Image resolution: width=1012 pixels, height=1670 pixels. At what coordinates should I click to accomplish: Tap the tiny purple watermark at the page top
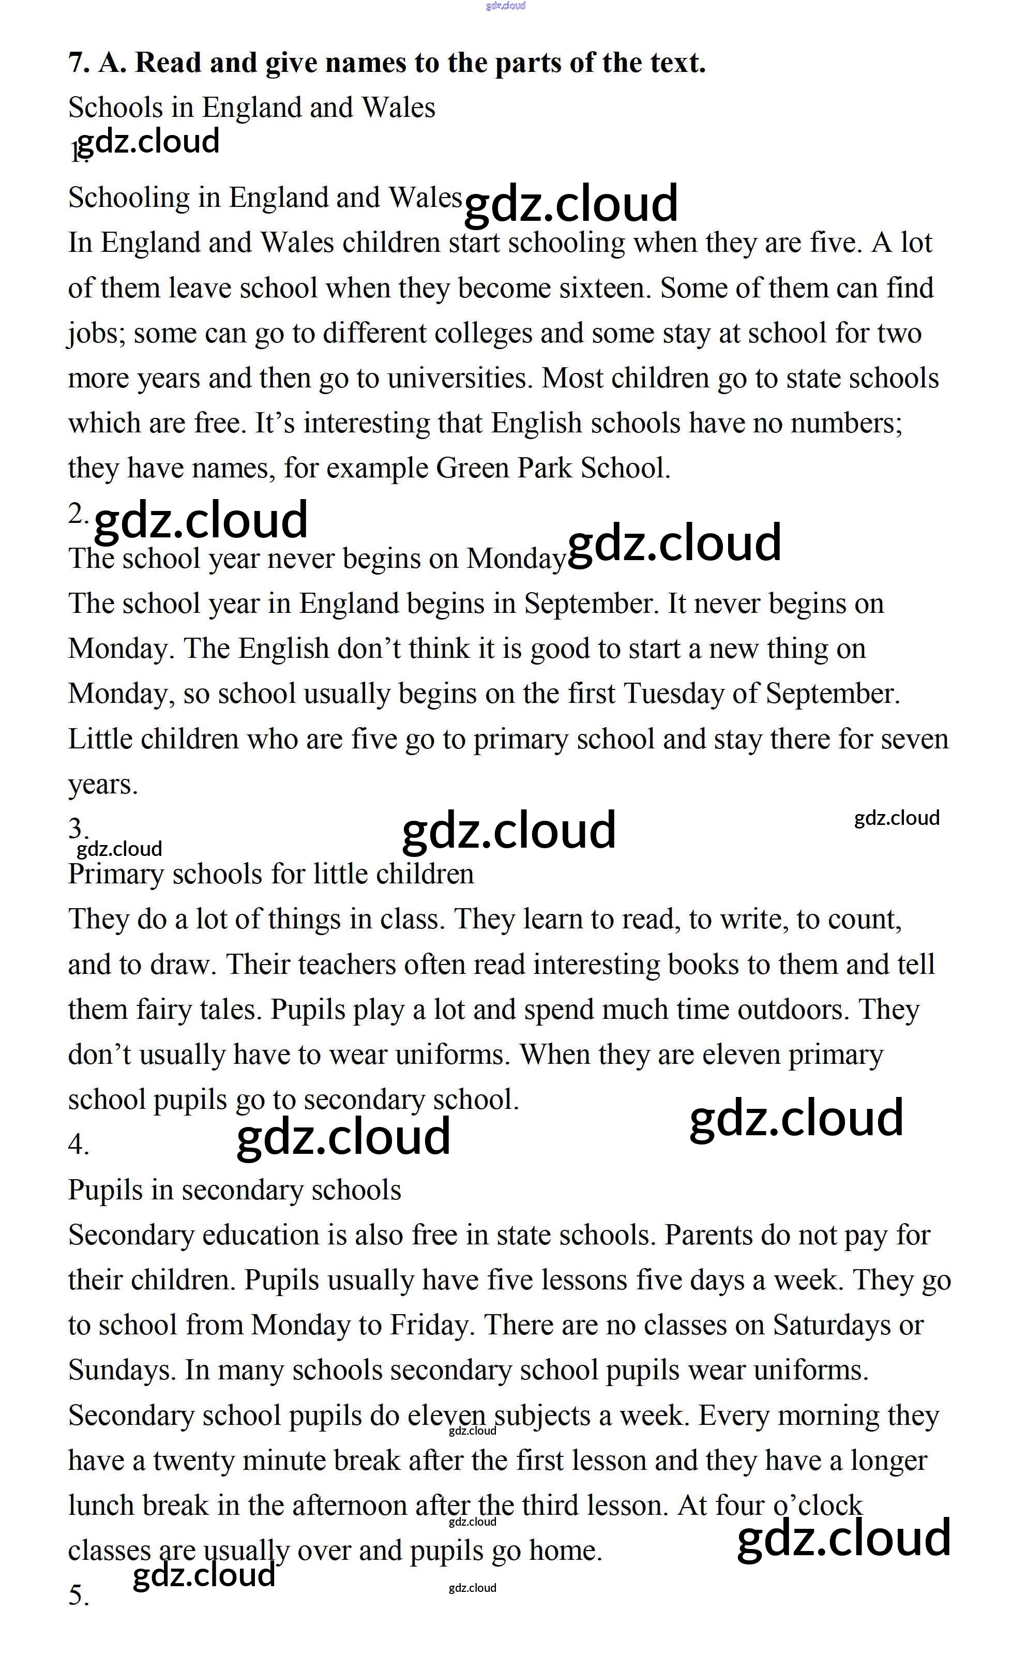coord(506,6)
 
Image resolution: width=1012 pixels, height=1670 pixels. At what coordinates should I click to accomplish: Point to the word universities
coord(460,378)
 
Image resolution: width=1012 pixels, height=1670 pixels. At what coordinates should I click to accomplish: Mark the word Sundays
coord(122,1371)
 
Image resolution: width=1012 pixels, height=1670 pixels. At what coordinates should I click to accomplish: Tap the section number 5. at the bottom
coord(78,1597)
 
